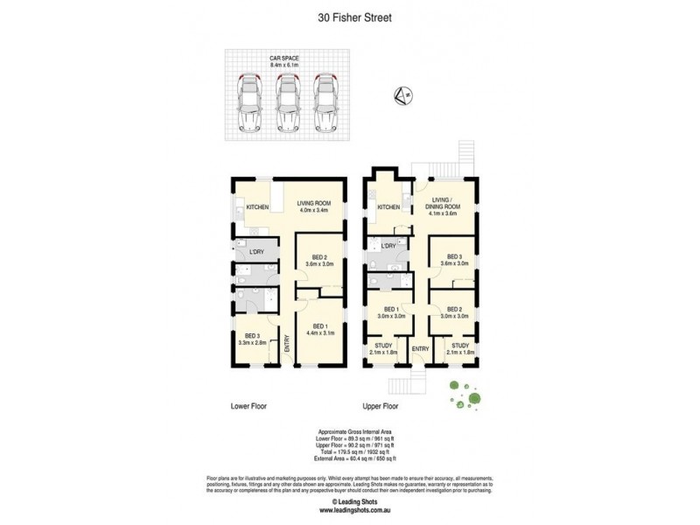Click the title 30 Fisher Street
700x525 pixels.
(x=349, y=16)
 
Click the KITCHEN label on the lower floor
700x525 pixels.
(x=257, y=207)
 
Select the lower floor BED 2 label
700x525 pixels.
(x=319, y=260)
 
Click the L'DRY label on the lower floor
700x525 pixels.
(x=257, y=252)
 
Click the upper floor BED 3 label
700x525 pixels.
(x=453, y=260)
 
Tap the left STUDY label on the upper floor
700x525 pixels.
(x=383, y=348)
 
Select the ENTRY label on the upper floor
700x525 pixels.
(x=420, y=349)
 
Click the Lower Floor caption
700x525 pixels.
(x=248, y=406)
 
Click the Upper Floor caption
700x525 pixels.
(x=381, y=406)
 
